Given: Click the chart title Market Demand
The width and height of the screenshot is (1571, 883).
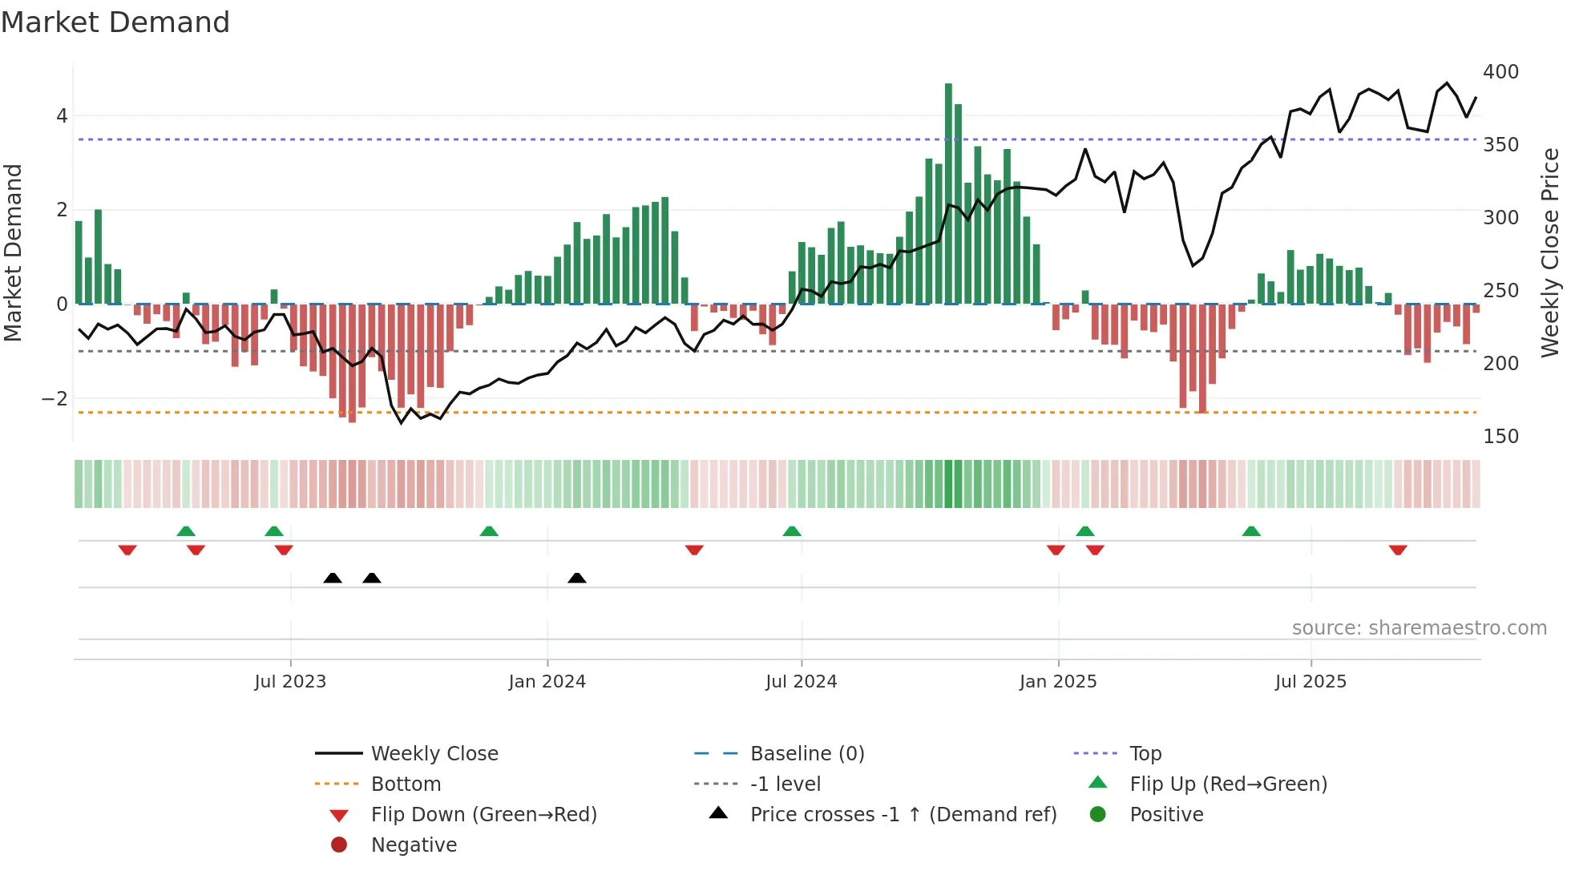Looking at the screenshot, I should tap(115, 22).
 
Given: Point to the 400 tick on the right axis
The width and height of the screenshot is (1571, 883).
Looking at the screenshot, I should tap(1500, 72).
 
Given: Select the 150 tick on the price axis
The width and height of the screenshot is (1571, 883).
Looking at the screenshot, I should tap(1500, 437).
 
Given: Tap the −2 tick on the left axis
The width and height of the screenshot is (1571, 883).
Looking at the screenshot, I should tap(55, 399).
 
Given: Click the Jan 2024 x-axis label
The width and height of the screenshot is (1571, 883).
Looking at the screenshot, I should tap(547, 682).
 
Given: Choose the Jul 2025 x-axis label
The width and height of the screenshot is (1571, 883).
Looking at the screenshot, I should tap(1311, 682).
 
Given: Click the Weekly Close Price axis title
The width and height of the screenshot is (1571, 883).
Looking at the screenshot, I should tap(1550, 252).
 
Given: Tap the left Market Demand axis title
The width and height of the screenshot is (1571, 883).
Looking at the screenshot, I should tap(13, 252).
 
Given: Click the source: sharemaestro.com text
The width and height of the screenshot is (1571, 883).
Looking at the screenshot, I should tap(1419, 628).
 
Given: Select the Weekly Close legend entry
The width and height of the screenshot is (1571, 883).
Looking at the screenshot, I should tap(434, 754).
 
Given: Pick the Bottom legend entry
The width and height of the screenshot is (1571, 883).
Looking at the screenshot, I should tap(406, 784).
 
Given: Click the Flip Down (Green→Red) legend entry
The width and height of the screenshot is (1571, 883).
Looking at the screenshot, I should tap(483, 815).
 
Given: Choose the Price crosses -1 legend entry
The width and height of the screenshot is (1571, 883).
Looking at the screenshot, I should tap(903, 815).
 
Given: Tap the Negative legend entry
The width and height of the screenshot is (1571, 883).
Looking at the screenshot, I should tap(414, 845).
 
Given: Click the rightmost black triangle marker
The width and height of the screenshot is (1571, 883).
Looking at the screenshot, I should tap(576, 578).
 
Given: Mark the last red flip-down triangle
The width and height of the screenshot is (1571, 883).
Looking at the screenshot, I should tap(1398, 550).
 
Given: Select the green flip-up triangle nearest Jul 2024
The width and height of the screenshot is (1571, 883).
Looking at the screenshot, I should tap(792, 531).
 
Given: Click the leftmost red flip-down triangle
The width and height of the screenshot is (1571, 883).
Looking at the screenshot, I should tap(127, 550).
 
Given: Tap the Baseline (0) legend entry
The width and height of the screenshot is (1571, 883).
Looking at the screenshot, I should tap(806, 754).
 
